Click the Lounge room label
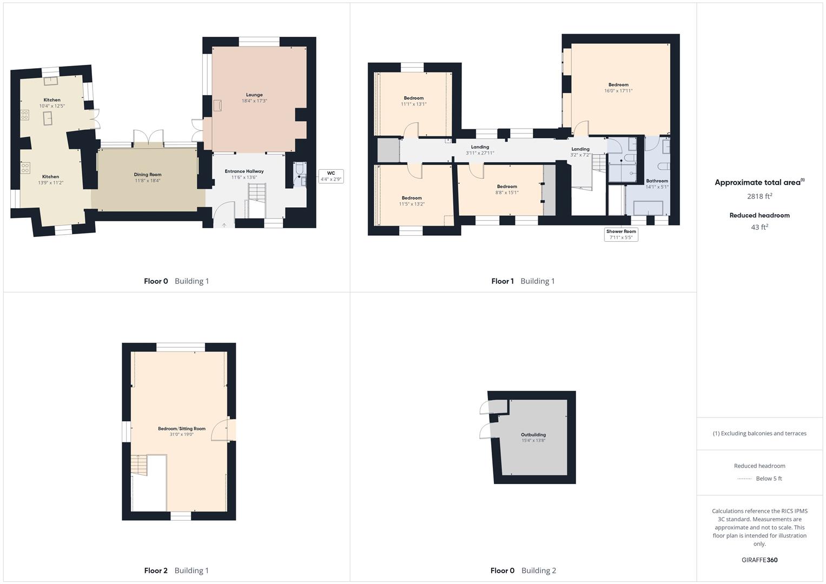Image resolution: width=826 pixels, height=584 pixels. [254, 95]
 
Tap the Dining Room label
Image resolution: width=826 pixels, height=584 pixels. [148, 174]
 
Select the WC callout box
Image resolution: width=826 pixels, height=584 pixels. [331, 176]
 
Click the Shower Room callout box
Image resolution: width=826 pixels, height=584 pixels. [621, 235]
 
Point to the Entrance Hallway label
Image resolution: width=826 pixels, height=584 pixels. [244, 171]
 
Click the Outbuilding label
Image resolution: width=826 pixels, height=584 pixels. [533, 435]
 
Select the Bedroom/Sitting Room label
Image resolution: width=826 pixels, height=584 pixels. [182, 428]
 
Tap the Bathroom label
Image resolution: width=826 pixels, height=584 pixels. [657, 181]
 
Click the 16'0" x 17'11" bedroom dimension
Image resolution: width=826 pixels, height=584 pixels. [618, 91]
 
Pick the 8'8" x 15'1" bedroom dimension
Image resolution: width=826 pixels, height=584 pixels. [507, 193]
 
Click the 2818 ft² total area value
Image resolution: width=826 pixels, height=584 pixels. [759, 196]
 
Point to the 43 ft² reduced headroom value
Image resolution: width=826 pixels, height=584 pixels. [759, 227]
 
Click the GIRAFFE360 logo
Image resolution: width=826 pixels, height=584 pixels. [759, 560]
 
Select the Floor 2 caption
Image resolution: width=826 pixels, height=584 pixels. [156, 570]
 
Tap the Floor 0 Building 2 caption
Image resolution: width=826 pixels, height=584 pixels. [523, 570]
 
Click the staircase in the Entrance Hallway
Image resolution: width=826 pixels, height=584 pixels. [256, 201]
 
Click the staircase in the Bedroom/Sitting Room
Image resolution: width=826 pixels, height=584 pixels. [139, 465]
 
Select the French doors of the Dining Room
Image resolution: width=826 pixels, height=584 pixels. [148, 137]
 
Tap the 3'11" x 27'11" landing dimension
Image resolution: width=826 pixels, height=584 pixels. [480, 153]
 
